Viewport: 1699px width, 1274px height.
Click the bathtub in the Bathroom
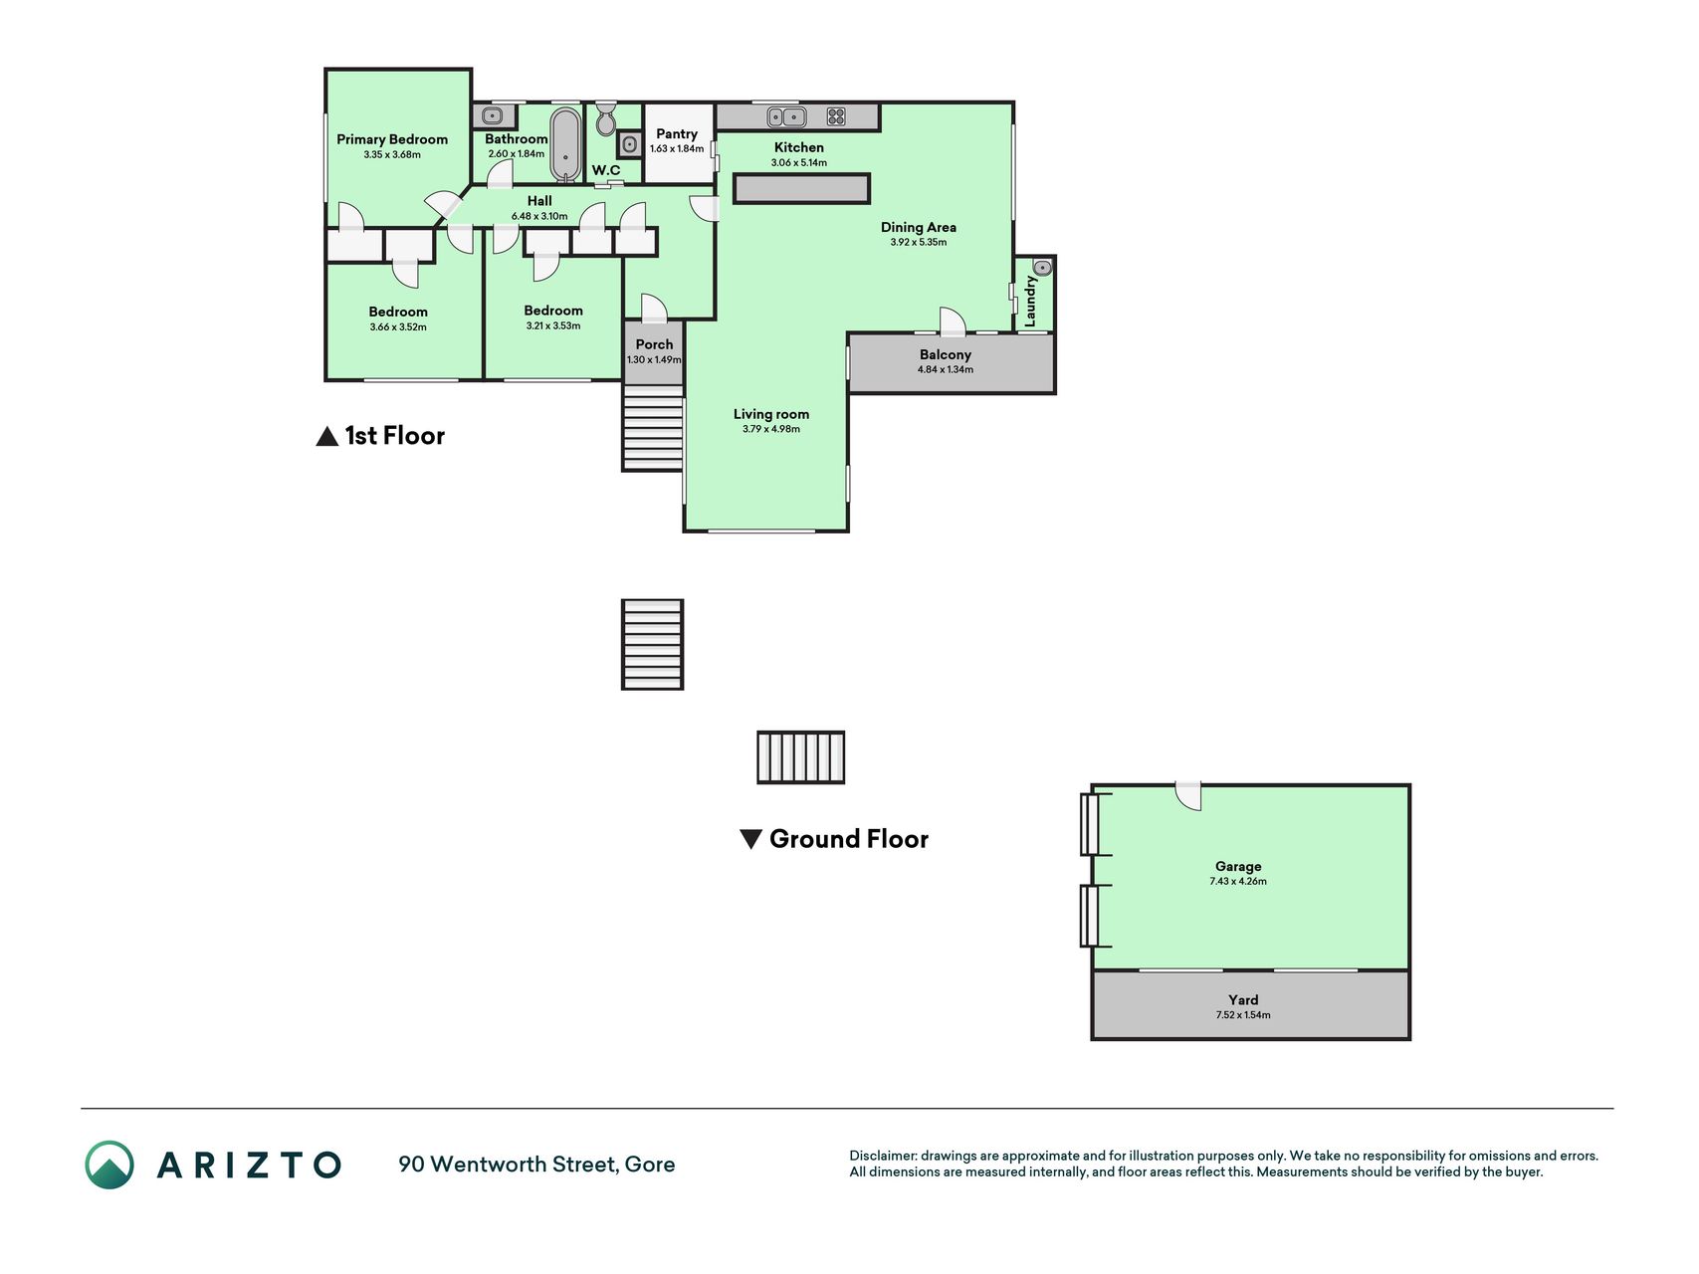tap(565, 144)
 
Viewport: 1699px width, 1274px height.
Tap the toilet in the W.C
tap(606, 118)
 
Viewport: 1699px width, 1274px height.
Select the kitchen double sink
tap(786, 116)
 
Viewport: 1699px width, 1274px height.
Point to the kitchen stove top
tap(836, 116)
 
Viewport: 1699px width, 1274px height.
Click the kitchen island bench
tap(801, 188)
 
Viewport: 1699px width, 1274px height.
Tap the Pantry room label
tap(677, 133)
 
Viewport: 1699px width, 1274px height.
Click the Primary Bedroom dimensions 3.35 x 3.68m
tap(392, 154)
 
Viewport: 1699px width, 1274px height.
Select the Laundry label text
tap(1030, 301)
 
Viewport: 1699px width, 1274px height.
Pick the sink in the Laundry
tap(1042, 267)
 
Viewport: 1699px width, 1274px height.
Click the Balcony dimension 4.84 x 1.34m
tap(946, 369)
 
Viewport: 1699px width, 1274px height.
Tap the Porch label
tap(654, 344)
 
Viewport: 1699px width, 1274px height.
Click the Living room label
tap(771, 414)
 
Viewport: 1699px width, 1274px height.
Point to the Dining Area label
tap(919, 227)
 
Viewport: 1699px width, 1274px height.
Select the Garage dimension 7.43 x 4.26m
tap(1238, 881)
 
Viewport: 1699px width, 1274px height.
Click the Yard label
tap(1243, 999)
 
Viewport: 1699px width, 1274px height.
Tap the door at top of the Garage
tap(1189, 796)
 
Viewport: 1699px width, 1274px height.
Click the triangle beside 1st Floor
tap(326, 436)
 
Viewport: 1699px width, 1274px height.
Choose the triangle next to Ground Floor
tap(751, 839)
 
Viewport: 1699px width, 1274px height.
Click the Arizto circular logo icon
tap(109, 1165)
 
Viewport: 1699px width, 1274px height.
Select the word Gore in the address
tap(650, 1164)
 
